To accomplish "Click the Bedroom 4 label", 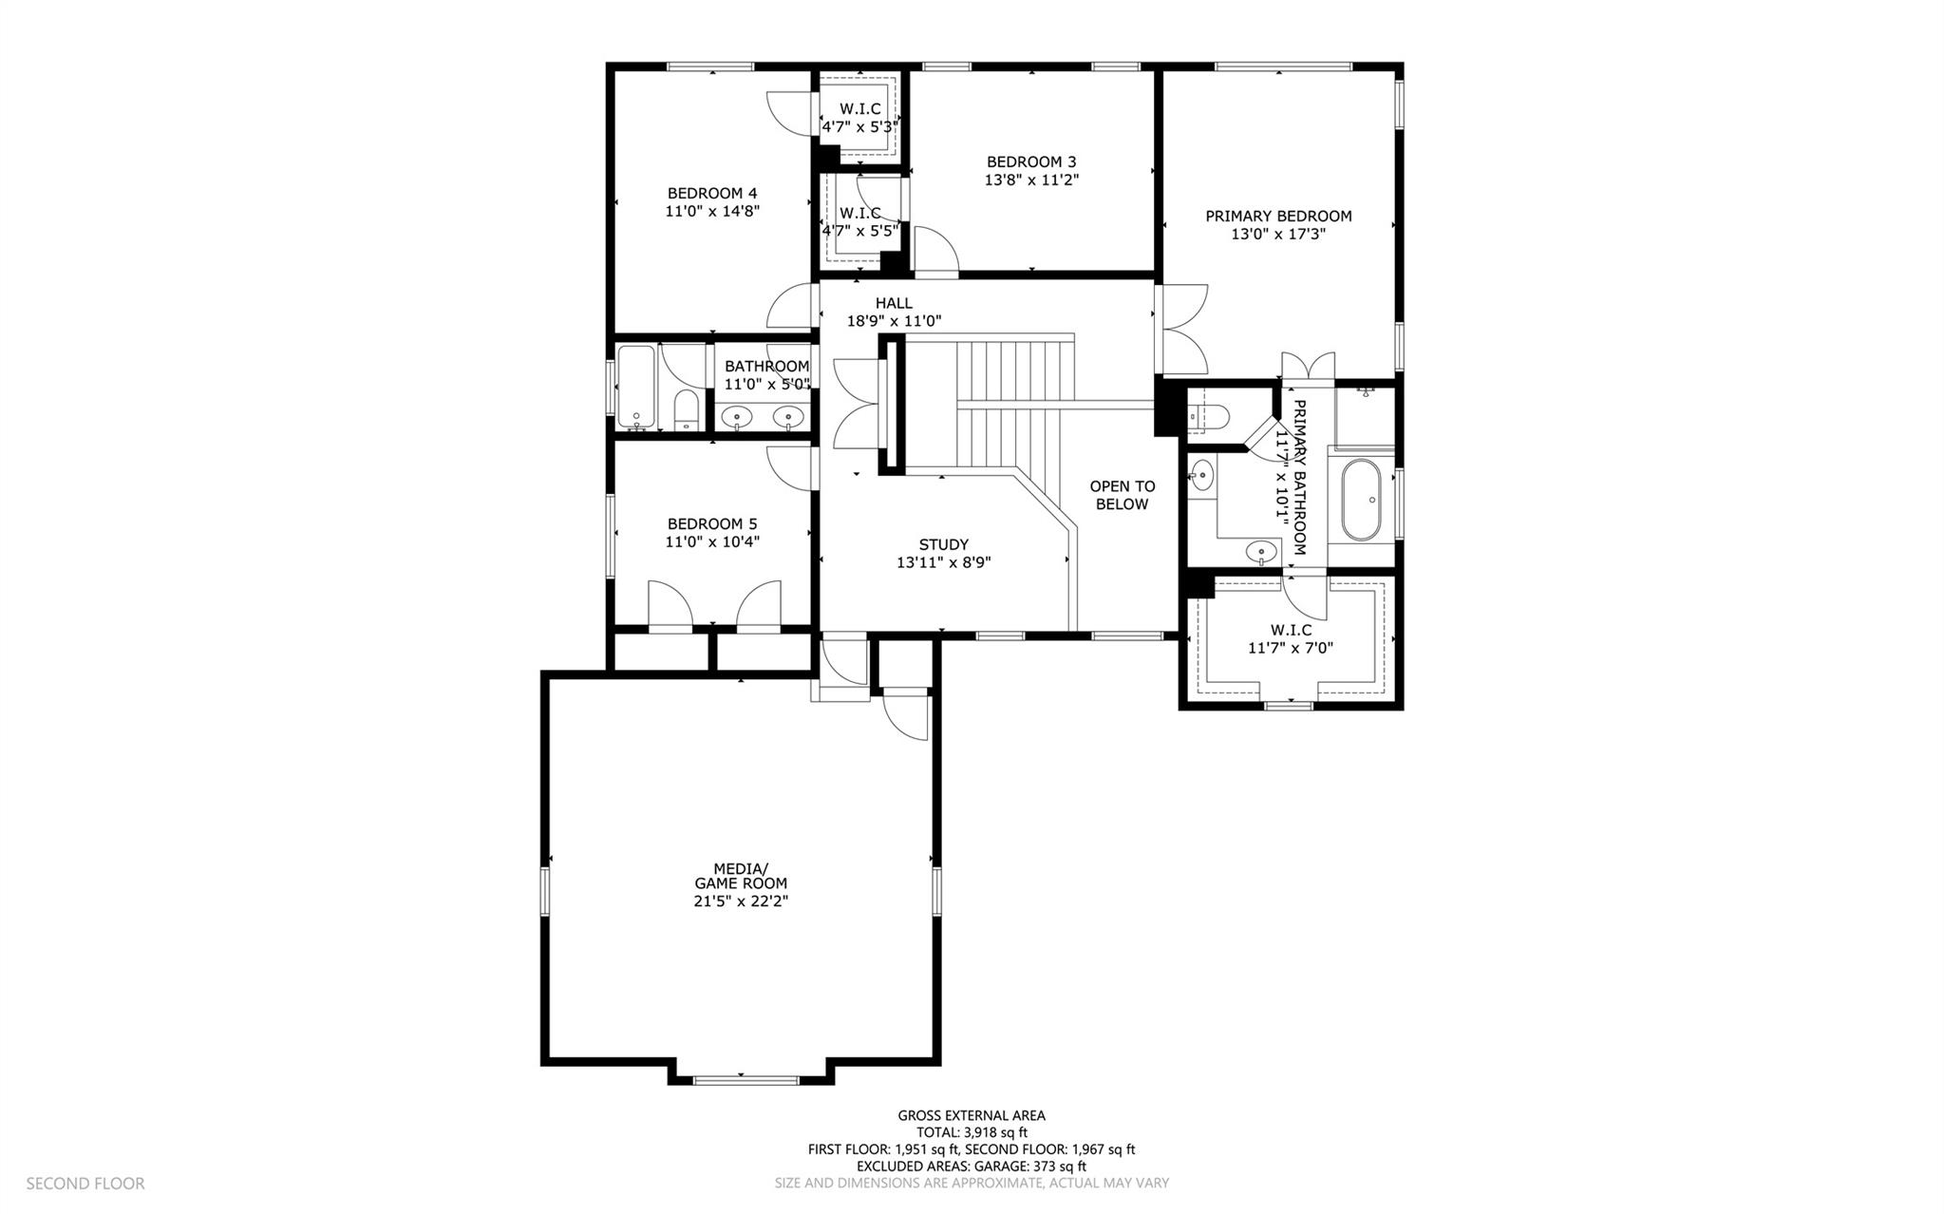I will click(711, 194).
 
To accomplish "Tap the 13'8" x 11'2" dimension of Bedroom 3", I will click(1031, 180).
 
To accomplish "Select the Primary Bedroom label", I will click(1278, 217).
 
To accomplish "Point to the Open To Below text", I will click(1122, 495).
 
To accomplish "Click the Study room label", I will click(943, 544).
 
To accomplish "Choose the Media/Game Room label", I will click(741, 876).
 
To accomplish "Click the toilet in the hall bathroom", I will click(686, 410).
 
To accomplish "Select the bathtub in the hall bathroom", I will click(635, 388).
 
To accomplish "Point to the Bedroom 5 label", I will click(711, 523).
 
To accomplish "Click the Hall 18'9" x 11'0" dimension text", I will click(894, 321).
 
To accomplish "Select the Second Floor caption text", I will click(85, 1184).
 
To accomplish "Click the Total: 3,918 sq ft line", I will click(971, 1132).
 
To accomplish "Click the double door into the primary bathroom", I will click(1308, 366).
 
